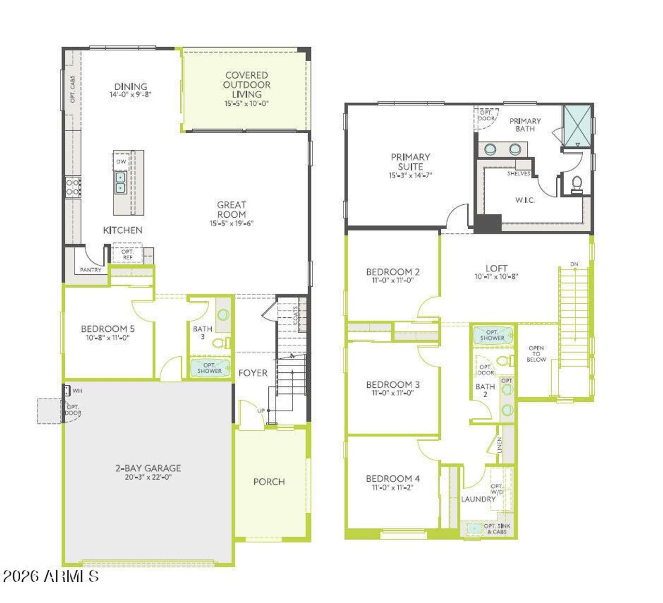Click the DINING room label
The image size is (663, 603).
pyautogui.click(x=131, y=87)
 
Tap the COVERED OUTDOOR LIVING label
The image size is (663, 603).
pyautogui.click(x=247, y=85)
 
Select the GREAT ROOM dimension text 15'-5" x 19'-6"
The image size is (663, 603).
pyautogui.click(x=232, y=224)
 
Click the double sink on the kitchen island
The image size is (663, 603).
pyautogui.click(x=121, y=183)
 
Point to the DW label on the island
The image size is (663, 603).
pyautogui.click(x=121, y=162)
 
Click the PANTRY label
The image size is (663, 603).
pyautogui.click(x=91, y=270)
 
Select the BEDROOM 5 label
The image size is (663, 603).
pyautogui.click(x=108, y=329)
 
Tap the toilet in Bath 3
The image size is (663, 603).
pyautogui.click(x=222, y=343)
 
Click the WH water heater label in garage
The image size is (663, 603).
pyautogui.click(x=77, y=391)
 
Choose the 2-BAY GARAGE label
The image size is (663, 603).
pyautogui.click(x=148, y=468)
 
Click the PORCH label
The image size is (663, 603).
pyautogui.click(x=269, y=482)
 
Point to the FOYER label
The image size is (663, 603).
pyautogui.click(x=253, y=373)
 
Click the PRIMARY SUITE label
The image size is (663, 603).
pyautogui.click(x=410, y=162)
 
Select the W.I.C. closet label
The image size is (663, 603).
pyautogui.click(x=525, y=200)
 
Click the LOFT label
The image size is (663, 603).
pyautogui.click(x=496, y=268)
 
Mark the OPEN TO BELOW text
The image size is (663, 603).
pyautogui.click(x=536, y=354)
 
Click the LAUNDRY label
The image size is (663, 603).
pyautogui.click(x=478, y=499)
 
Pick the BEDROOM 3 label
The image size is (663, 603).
pyautogui.click(x=393, y=385)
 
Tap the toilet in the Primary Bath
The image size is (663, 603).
pyautogui.click(x=576, y=184)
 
